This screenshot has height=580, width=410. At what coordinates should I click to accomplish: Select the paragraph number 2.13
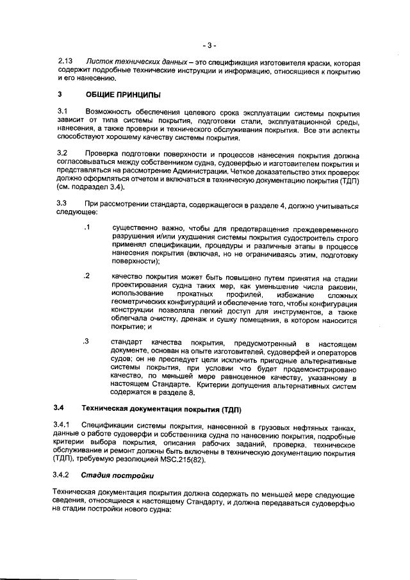pyautogui.click(x=65, y=63)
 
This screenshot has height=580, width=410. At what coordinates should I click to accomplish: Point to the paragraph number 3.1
pyautogui.click(x=62, y=113)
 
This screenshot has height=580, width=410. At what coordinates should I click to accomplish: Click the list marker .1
pyautogui.click(x=86, y=228)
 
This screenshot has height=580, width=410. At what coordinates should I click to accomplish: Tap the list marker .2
pyautogui.click(x=86, y=276)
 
